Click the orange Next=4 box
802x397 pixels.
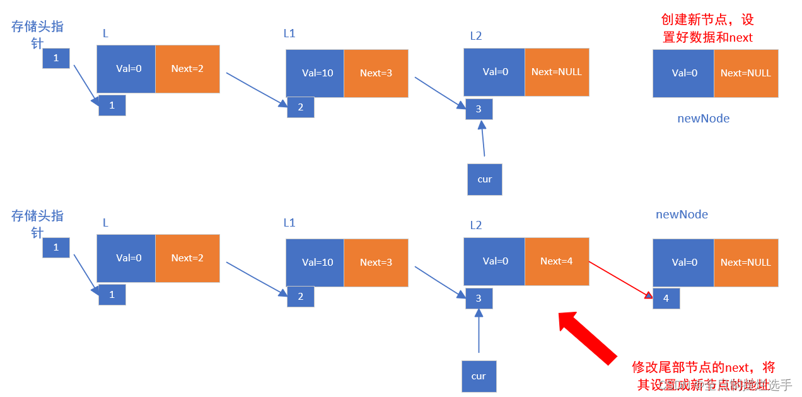[x=557, y=261]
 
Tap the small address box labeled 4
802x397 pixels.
[x=666, y=298]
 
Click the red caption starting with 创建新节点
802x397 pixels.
[x=707, y=28]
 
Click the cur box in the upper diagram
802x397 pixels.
[x=484, y=179]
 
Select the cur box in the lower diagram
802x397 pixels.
[x=479, y=376]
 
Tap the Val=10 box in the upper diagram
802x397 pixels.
[x=315, y=73]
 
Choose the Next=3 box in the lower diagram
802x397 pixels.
[x=376, y=263]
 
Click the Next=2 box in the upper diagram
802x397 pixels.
[x=187, y=69]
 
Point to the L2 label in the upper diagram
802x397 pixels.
[x=475, y=36]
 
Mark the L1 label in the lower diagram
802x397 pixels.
[x=289, y=223]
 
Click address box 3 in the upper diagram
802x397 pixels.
[x=479, y=109]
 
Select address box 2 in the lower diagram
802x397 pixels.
[x=300, y=297]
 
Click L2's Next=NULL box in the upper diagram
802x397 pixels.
[x=557, y=73]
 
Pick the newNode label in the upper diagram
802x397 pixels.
[x=703, y=119]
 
